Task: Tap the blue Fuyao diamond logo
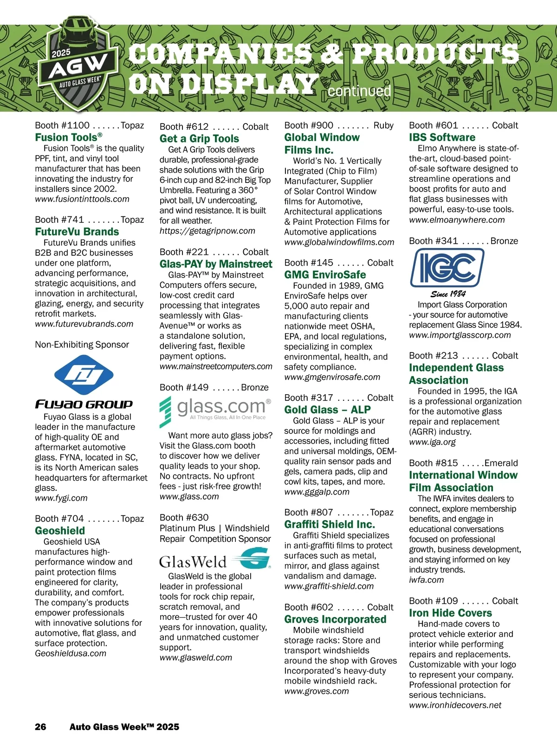pyautogui.click(x=84, y=375)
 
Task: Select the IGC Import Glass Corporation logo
pyautogui.click(x=447, y=268)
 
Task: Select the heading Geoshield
pyautogui.click(x=60, y=531)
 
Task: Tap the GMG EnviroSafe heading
pyautogui.click(x=325, y=275)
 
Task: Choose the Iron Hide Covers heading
pyautogui.click(x=450, y=613)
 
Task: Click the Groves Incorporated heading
pyautogui.click(x=335, y=619)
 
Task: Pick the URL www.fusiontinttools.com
pyautogui.click(x=82, y=199)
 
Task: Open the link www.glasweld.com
pyautogui.click(x=196, y=658)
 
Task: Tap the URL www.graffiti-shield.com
pyautogui.click(x=329, y=586)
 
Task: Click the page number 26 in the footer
pyautogui.click(x=40, y=727)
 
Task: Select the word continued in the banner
pyautogui.click(x=359, y=91)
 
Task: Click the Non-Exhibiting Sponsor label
pyautogui.click(x=82, y=345)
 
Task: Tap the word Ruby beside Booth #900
pyautogui.click(x=383, y=125)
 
